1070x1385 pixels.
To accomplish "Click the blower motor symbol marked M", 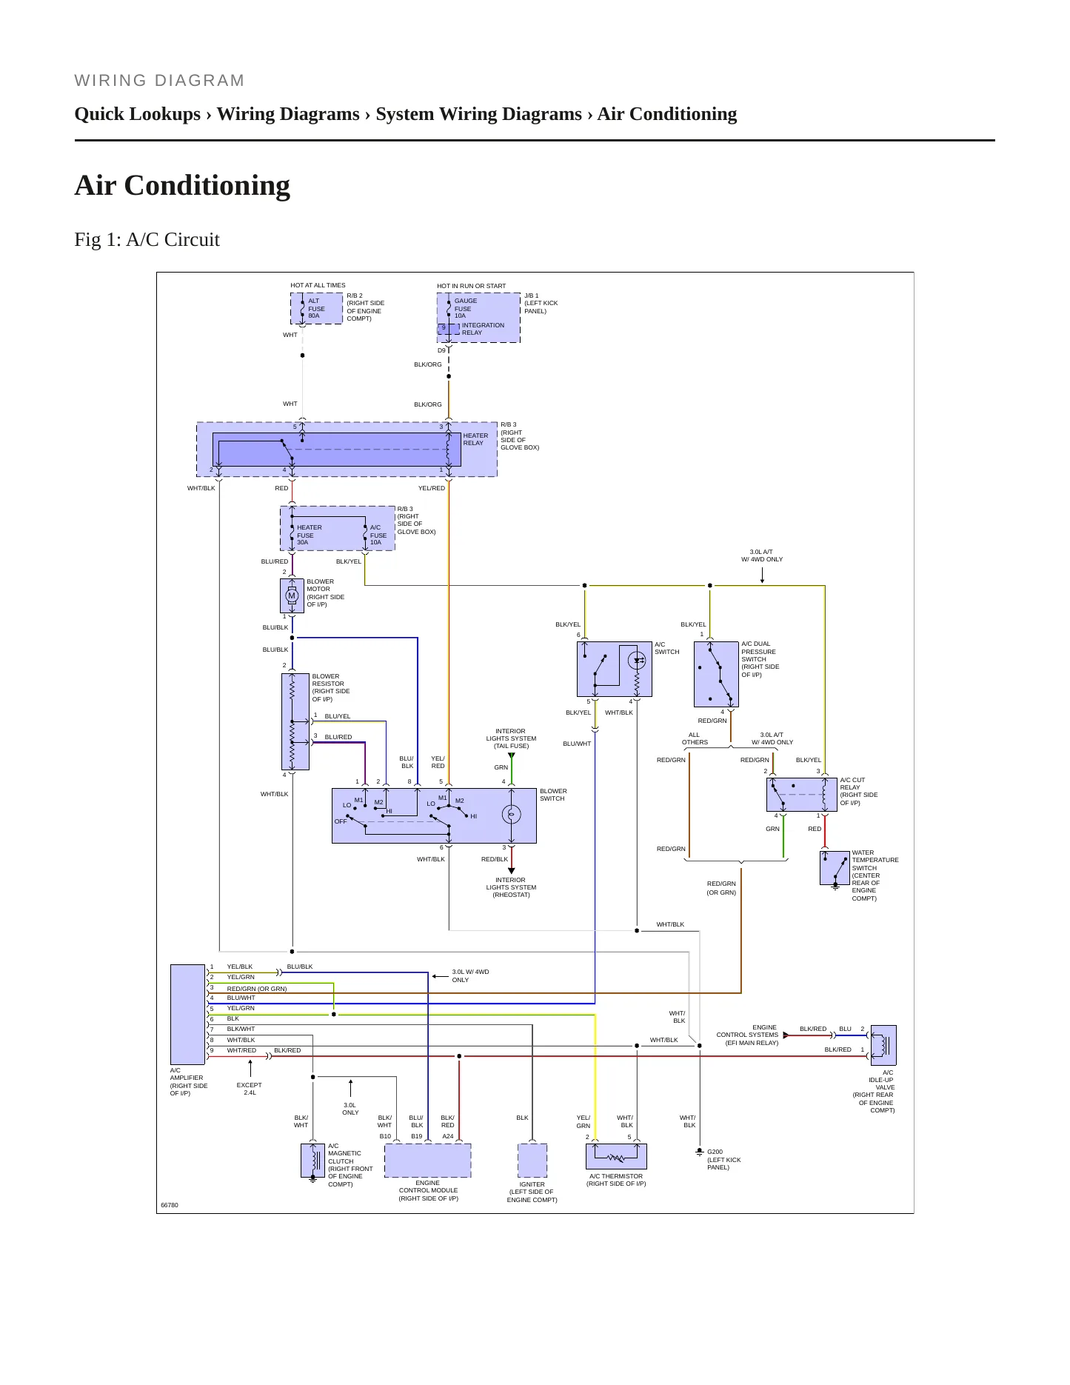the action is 292,595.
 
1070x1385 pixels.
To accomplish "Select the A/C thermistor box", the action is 616,1156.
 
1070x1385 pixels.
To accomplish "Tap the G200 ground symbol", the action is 699,1152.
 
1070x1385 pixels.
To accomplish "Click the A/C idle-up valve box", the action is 883,1045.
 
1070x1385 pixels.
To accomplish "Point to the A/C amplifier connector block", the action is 187,1014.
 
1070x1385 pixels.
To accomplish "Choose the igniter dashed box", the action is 532,1161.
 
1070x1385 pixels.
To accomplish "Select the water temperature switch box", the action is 835,868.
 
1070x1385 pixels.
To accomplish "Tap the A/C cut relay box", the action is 801,795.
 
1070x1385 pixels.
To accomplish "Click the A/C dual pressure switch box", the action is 716,674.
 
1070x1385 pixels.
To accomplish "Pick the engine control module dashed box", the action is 428,1161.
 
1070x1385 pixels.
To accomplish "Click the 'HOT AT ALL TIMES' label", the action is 318,285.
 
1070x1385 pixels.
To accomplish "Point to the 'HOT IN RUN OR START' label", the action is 472,286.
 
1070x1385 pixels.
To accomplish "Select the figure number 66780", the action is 170,1205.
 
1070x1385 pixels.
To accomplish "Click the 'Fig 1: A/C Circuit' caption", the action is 147,239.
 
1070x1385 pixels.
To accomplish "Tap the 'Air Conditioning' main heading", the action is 182,185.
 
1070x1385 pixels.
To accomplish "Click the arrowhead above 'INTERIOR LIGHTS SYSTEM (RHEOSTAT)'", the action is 511,871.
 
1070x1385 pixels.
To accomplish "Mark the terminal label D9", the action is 441,350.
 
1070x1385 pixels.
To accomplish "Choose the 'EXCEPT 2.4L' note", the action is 250,1089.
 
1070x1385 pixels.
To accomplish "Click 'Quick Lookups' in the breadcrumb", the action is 138,114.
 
